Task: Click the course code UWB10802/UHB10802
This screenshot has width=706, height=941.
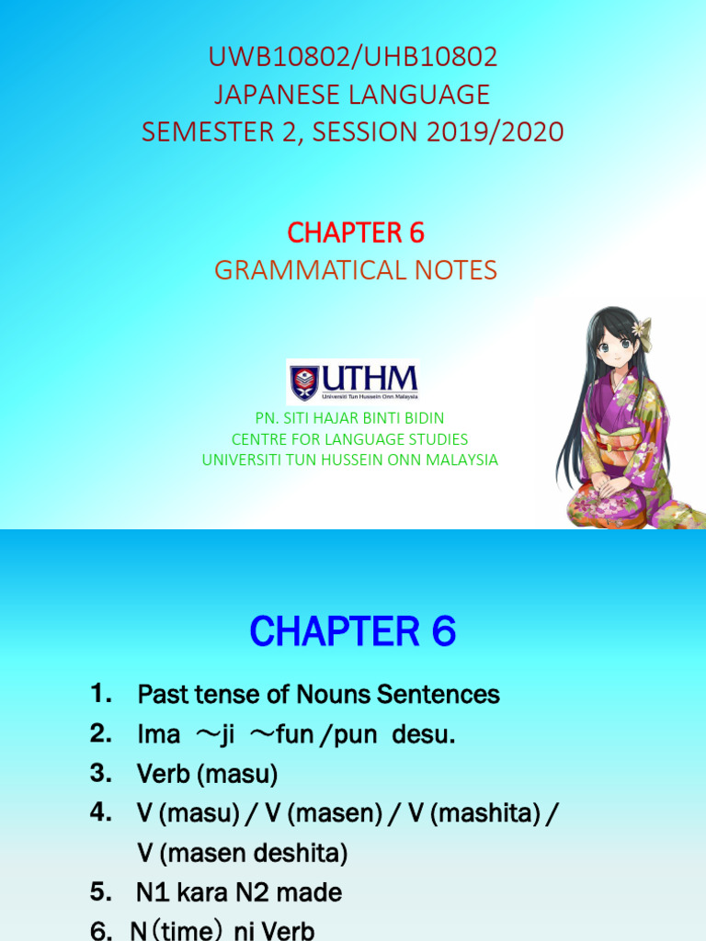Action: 353,58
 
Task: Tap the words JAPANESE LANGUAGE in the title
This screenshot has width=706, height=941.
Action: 353,95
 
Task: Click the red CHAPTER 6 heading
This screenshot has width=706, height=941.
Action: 356,233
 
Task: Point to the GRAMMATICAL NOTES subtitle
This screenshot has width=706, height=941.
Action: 356,270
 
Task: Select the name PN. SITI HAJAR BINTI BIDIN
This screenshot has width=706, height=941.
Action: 349,419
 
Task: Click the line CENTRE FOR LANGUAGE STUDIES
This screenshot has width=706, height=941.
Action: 349,439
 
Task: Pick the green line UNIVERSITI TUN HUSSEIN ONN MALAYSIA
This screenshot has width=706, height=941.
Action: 349,459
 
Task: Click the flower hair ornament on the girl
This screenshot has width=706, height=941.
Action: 642,328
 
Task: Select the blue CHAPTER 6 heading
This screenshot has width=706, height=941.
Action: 353,632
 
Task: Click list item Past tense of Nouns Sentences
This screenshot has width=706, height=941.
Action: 318,695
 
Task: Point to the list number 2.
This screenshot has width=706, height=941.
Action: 100,734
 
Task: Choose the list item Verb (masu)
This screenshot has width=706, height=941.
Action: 207,775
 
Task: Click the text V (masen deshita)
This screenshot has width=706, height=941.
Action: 242,854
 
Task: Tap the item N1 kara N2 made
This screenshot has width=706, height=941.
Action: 239,892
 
